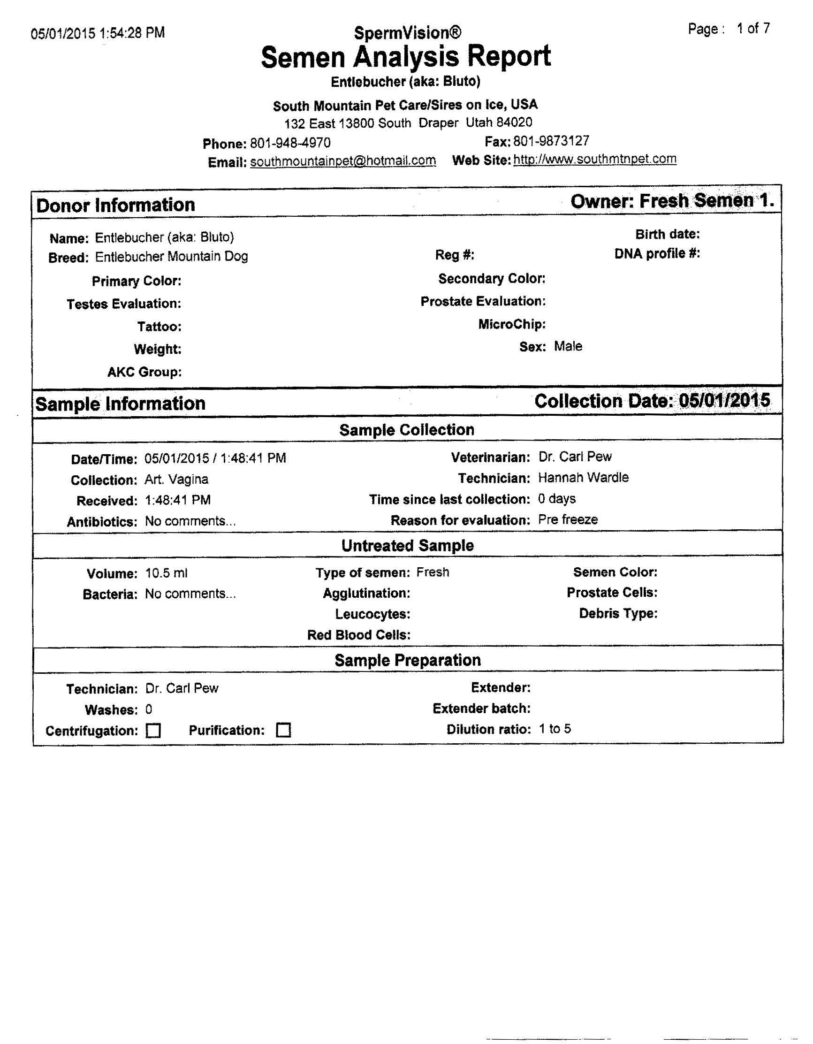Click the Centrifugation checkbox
point(153,731)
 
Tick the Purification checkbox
point(283,730)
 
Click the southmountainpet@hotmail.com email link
point(342,160)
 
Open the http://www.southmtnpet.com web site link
point(594,159)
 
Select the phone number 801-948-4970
point(290,143)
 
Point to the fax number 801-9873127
point(551,141)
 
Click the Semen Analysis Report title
point(406,57)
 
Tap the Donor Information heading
point(116,205)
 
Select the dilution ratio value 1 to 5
point(555,729)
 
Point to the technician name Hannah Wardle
point(583,478)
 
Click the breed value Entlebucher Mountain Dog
point(172,257)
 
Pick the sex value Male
point(568,346)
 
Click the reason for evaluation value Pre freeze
point(568,519)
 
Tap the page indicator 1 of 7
point(753,29)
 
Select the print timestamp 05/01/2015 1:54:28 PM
point(98,33)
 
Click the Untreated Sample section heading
point(407,545)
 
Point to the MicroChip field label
point(512,324)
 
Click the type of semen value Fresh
point(433,572)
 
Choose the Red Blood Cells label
point(359,635)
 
